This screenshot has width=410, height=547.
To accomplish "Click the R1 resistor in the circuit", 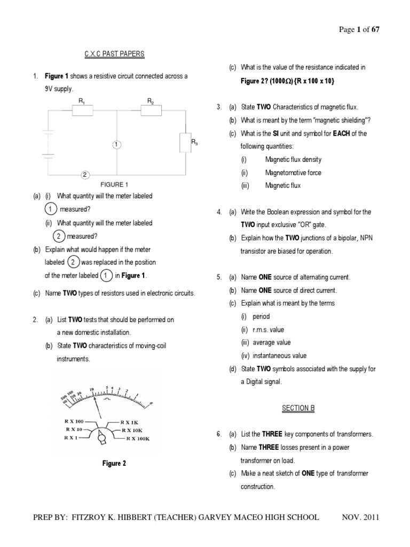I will pos(82,110).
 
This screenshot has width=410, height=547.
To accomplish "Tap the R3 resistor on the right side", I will pos(185,143).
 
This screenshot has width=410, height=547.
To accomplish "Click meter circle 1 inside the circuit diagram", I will pos(117,144).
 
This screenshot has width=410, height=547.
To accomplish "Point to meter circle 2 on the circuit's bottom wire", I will pos(84,174).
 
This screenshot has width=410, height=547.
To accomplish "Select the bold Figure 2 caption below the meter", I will pos(114,463).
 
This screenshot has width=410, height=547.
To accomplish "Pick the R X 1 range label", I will pos(70,437).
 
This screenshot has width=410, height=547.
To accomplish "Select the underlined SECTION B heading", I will pos(298,408).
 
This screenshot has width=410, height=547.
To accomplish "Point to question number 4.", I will pos(219,212).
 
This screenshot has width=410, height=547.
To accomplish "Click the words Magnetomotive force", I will pos(293,173).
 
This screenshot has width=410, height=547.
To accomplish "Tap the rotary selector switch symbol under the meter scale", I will pos(101,437).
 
